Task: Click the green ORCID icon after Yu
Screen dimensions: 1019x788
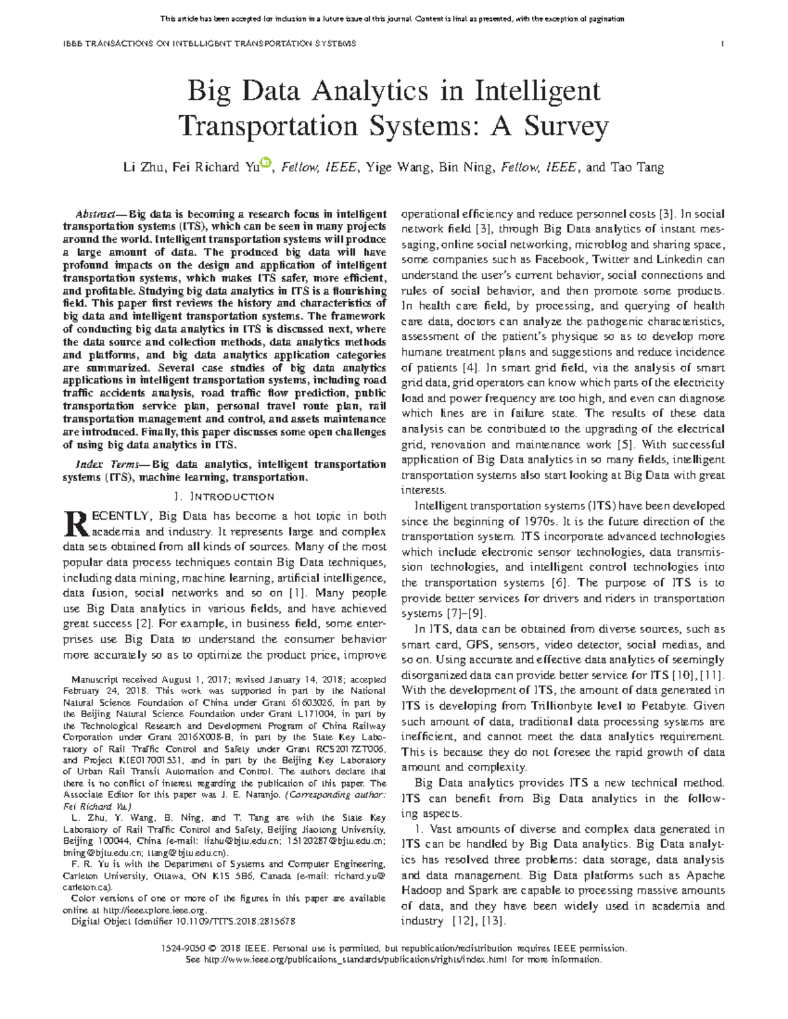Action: [x=265, y=163]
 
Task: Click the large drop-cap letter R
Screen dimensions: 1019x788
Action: [x=76, y=523]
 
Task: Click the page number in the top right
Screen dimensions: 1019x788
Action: [x=722, y=43]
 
